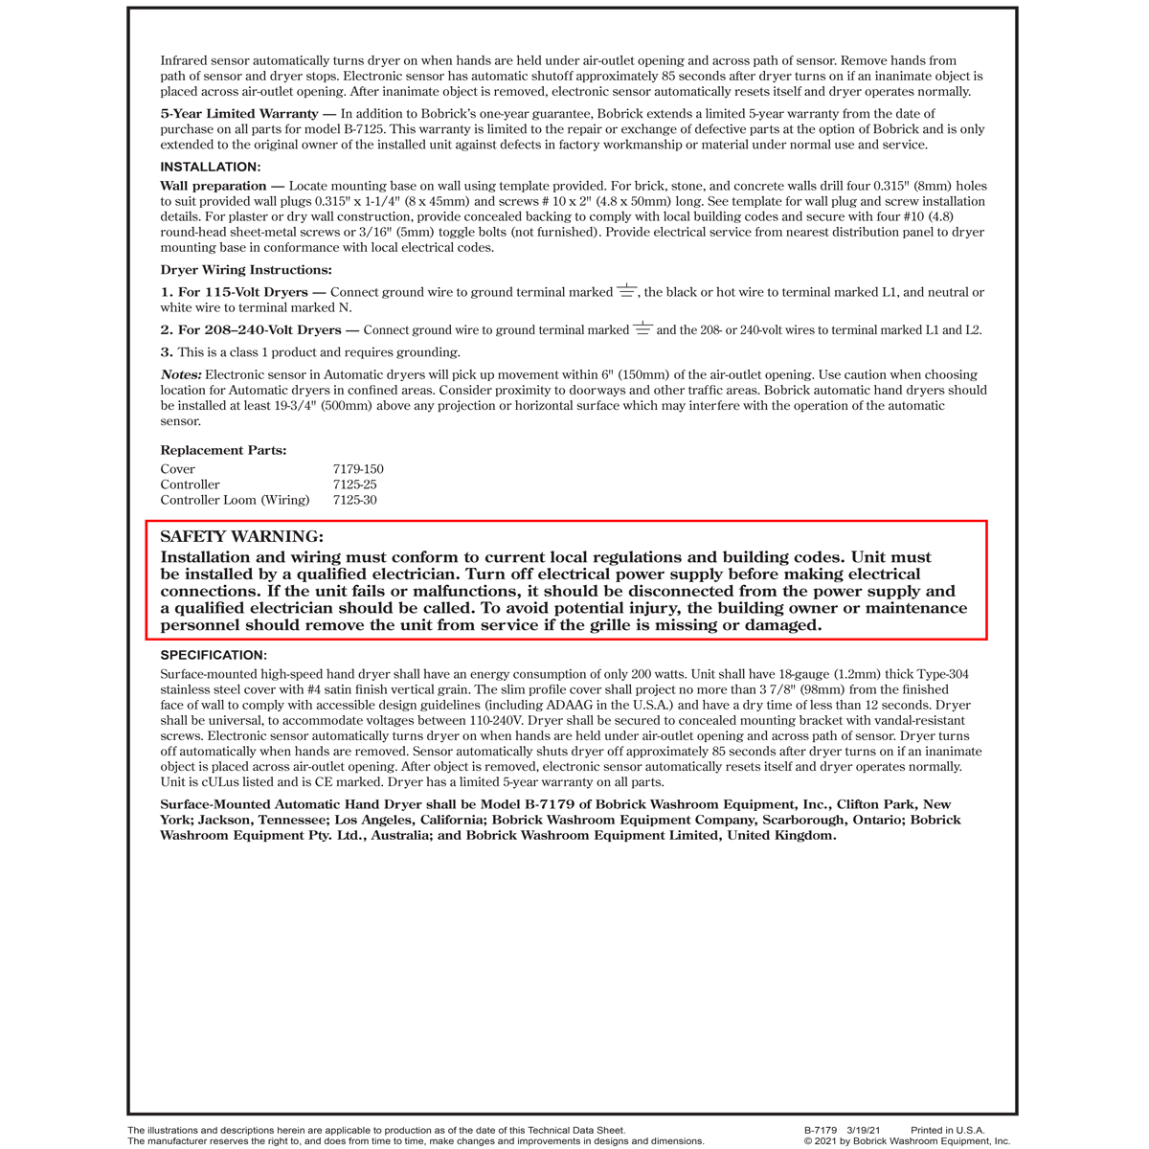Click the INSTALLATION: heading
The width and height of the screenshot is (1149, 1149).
(210, 168)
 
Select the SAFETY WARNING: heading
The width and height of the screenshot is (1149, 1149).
(241, 537)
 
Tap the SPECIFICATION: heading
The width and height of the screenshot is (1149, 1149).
(214, 655)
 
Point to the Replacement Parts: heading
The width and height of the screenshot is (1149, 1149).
(223, 450)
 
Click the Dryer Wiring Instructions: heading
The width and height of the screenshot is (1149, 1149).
(246, 270)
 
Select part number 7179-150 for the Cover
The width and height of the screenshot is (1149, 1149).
(358, 469)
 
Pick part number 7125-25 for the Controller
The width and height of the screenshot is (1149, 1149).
(354, 484)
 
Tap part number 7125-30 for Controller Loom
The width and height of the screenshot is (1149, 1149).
(354, 500)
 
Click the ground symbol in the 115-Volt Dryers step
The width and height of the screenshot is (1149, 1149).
(626, 290)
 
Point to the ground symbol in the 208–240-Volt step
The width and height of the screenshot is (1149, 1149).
(642, 328)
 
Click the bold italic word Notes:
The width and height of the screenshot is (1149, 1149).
(181, 375)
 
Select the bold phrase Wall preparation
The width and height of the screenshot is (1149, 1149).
(214, 186)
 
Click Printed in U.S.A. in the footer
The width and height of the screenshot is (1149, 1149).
(947, 1131)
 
